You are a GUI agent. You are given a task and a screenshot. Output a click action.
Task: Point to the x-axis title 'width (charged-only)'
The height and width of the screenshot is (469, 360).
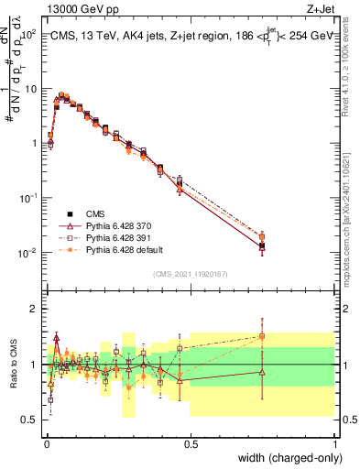(x=285, y=458)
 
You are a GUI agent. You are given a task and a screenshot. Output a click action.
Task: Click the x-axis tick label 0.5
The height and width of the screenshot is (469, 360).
(x=191, y=443)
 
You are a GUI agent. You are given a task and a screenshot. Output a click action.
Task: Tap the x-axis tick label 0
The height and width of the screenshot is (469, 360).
(x=47, y=443)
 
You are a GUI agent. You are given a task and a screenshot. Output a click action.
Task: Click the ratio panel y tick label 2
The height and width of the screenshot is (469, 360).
(x=34, y=309)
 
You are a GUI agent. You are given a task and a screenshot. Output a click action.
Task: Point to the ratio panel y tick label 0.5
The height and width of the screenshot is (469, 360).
(x=30, y=420)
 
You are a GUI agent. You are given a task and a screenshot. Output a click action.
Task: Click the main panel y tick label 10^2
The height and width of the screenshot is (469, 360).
(x=29, y=34)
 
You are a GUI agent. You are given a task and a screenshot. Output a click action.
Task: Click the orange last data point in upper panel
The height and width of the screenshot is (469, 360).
(x=262, y=236)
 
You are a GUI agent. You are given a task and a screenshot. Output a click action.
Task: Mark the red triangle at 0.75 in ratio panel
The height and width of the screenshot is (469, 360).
(x=262, y=372)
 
